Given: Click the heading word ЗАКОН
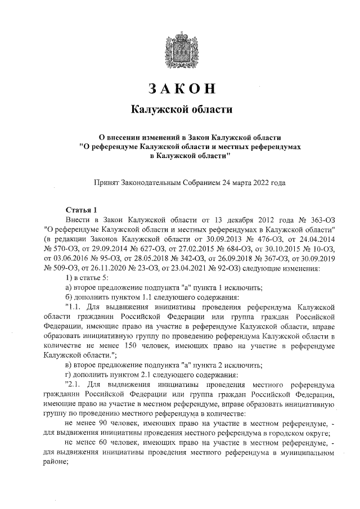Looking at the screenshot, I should coord(181,88).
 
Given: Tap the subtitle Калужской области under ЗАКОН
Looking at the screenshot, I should coord(181,109).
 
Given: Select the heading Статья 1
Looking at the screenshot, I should coord(82,209).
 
